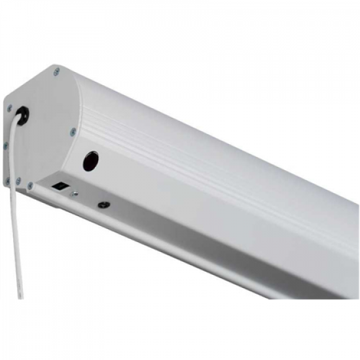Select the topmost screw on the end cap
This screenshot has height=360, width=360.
58,71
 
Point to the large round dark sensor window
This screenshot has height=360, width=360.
89,160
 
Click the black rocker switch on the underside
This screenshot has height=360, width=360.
59,185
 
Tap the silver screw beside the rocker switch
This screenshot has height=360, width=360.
74,192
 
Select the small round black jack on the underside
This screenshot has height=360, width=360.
102,204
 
